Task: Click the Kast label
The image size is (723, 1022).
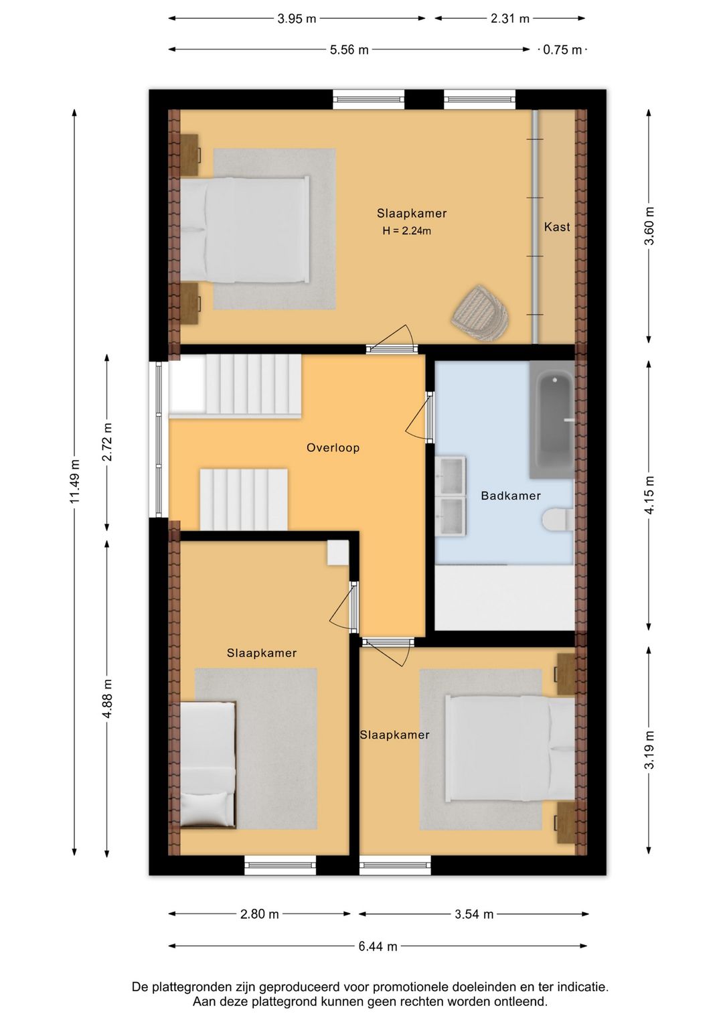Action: tap(556, 227)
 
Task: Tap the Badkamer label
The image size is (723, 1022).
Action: tap(510, 496)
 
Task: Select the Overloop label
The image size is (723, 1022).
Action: tap(333, 447)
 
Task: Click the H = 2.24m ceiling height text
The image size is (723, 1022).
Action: tap(406, 231)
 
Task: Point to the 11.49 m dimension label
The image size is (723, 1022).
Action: tap(74, 482)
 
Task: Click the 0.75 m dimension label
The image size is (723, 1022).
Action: tap(562, 50)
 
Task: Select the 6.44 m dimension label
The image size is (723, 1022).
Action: tap(378, 946)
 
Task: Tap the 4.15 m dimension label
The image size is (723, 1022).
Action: tap(649, 495)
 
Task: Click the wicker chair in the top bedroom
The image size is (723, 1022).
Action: tap(480, 313)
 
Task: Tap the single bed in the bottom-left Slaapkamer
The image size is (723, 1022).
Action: tap(208, 765)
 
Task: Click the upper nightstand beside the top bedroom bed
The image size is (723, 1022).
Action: tap(190, 155)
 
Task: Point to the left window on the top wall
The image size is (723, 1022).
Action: tap(369, 100)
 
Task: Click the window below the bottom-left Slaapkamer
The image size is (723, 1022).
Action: tap(280, 865)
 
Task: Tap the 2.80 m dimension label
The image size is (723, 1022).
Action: tap(260, 914)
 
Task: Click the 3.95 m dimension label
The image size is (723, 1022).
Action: tap(297, 19)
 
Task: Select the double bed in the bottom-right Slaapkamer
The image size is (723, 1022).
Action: tap(510, 749)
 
